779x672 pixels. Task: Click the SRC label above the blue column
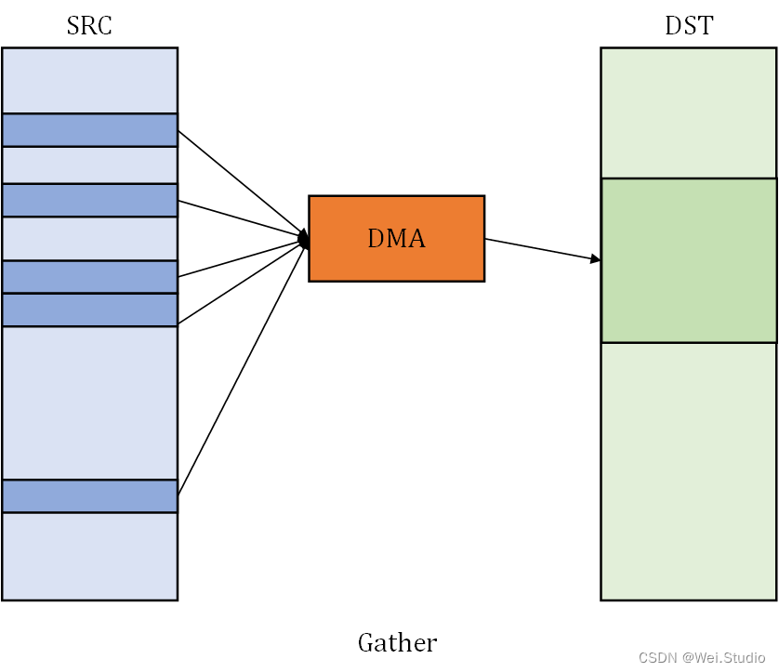[89, 25]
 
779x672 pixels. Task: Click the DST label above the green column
[689, 25]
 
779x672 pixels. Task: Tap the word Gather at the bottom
[398, 642]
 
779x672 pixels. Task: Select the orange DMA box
[396, 238]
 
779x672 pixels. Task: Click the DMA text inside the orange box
[396, 238]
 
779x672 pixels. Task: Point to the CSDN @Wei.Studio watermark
[702, 658]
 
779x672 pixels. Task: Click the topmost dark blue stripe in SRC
[89, 130]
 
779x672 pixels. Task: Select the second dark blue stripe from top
[89, 200]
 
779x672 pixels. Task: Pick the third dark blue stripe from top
[89, 277]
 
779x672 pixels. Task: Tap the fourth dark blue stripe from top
[89, 310]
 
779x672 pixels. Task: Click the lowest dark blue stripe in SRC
[89, 496]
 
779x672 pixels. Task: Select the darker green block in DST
[689, 260]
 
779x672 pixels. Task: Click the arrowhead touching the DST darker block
[595, 258]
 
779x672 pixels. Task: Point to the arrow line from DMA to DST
[543, 249]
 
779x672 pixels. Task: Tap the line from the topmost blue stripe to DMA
[243, 184]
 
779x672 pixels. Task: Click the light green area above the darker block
[689, 112]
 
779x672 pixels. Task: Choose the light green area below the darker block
[689, 471]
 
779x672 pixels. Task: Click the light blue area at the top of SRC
[89, 81]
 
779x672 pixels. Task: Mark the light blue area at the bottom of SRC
[89, 556]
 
